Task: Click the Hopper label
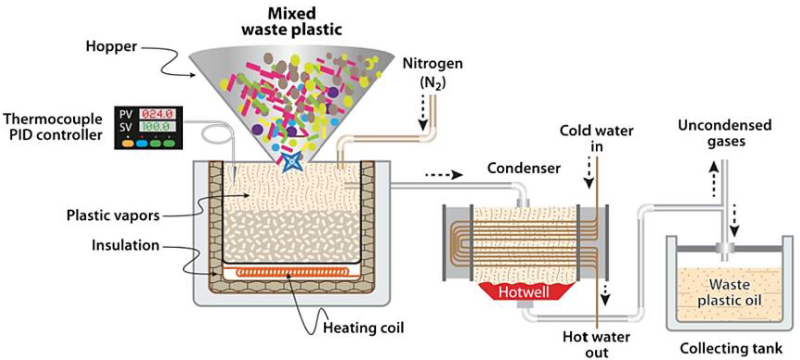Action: [x=111, y=46]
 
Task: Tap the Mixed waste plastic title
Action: [x=292, y=21]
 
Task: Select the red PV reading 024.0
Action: [x=157, y=114]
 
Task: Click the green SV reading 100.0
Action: [x=157, y=127]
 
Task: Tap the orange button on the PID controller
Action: [x=128, y=143]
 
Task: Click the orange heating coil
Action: [x=292, y=272]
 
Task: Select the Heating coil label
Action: [x=363, y=328]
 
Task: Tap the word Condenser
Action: [x=523, y=168]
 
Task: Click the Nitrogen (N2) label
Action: [x=432, y=72]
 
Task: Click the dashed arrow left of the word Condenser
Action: [x=444, y=175]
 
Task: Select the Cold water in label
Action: [x=596, y=138]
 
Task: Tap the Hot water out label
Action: [x=596, y=344]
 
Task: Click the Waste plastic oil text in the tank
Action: [x=729, y=292]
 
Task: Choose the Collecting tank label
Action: [x=731, y=348]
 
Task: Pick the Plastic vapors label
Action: [x=113, y=215]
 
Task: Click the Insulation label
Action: [x=125, y=245]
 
